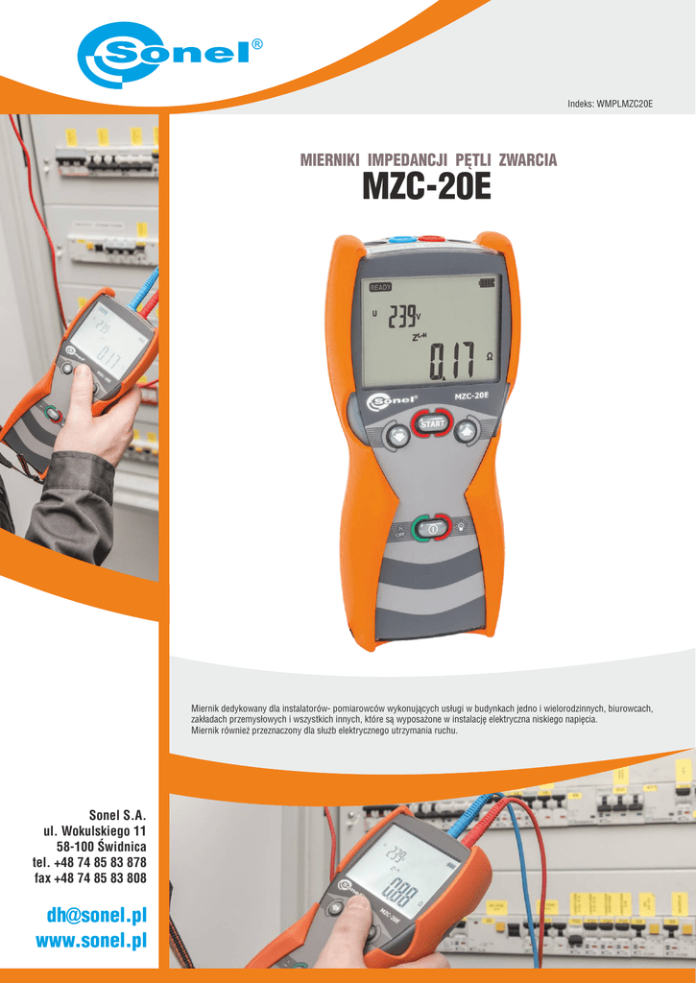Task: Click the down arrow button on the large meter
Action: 397,436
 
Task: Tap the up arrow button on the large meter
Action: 467,431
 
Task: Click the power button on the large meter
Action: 432,527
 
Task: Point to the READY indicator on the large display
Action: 381,286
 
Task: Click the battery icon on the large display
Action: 490,284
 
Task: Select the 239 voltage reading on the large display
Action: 402,316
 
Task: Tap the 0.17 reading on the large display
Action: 450,362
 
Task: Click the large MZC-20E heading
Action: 426,188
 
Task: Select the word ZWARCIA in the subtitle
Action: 527,160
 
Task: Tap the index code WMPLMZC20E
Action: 624,104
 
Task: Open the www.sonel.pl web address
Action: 90,940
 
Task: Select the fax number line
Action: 90,877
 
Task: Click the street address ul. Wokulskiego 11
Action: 94,829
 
